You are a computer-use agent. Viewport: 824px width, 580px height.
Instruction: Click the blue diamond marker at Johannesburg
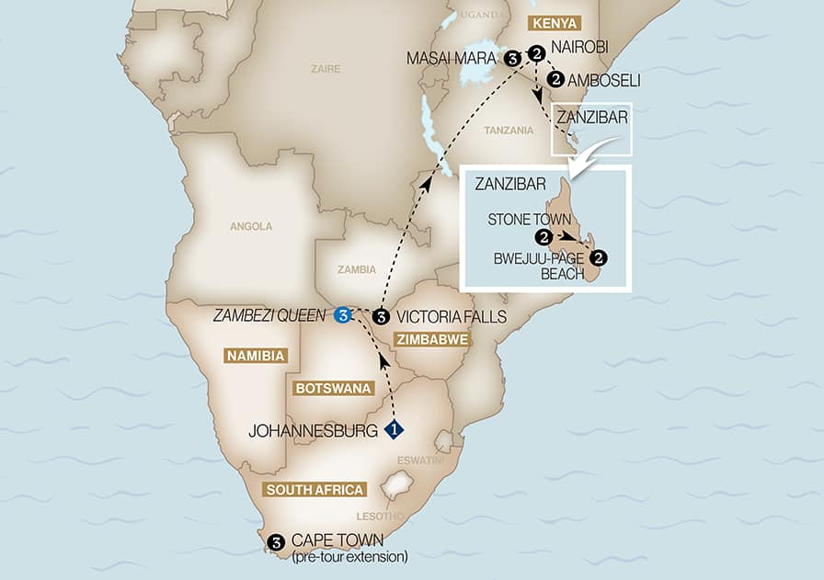(x=394, y=428)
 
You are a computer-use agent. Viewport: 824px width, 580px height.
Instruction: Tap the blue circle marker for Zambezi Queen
(x=343, y=316)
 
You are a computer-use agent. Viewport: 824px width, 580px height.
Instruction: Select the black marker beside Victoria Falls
(x=381, y=317)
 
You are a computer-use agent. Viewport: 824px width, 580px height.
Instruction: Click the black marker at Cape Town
(x=275, y=542)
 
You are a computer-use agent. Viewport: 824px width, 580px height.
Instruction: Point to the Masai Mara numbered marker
(x=512, y=58)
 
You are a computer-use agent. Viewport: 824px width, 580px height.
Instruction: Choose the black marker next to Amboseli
(x=555, y=80)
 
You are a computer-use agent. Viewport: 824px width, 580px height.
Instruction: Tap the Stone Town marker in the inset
(x=545, y=237)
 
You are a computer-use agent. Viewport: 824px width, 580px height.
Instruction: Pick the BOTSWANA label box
(x=331, y=389)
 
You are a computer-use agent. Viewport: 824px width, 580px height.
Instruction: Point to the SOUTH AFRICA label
(x=314, y=489)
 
